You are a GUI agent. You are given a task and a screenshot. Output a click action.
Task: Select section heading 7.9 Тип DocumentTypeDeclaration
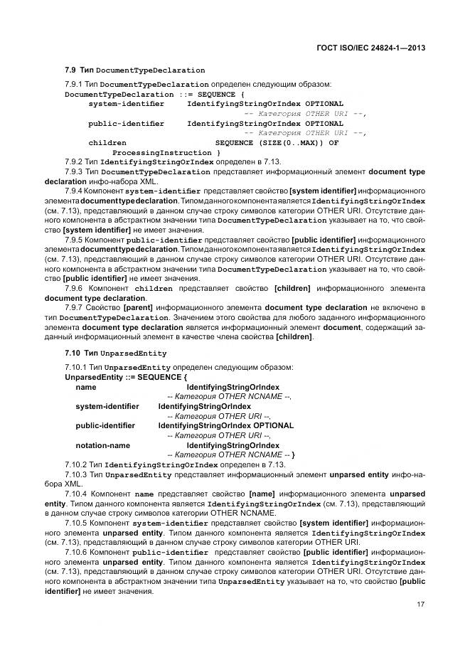(x=134, y=70)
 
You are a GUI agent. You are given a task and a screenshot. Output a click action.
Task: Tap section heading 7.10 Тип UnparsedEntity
(x=115, y=353)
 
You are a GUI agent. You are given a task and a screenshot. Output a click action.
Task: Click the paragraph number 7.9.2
(x=74, y=162)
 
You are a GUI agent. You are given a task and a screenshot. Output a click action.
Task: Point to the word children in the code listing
(x=107, y=142)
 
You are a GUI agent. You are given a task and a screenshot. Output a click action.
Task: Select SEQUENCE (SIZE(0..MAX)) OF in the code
(x=277, y=142)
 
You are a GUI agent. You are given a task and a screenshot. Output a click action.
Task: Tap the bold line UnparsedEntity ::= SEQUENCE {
(x=126, y=376)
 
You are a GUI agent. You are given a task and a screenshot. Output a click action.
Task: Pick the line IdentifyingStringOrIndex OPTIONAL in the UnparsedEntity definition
(x=225, y=425)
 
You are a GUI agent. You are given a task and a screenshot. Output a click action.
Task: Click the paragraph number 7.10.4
(x=76, y=494)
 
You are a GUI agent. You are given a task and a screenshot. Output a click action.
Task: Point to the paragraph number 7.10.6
(x=76, y=552)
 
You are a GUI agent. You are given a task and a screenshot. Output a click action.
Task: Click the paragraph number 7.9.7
(x=74, y=308)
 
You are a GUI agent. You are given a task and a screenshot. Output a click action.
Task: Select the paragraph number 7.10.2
(x=76, y=464)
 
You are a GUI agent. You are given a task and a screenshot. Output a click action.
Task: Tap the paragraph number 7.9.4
(x=74, y=191)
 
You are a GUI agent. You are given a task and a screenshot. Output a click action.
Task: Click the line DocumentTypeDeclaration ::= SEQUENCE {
(x=154, y=94)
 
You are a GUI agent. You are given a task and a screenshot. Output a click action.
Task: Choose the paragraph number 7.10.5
(x=76, y=523)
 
